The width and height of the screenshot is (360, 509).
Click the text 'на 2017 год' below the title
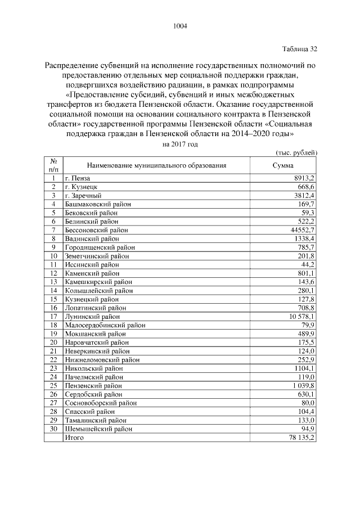180,144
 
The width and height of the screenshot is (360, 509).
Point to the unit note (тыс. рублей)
296,153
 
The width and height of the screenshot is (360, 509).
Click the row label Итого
74,438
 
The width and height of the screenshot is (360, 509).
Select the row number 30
53,429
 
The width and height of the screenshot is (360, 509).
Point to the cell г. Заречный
83,195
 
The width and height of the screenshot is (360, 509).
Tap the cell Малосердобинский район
105,325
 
